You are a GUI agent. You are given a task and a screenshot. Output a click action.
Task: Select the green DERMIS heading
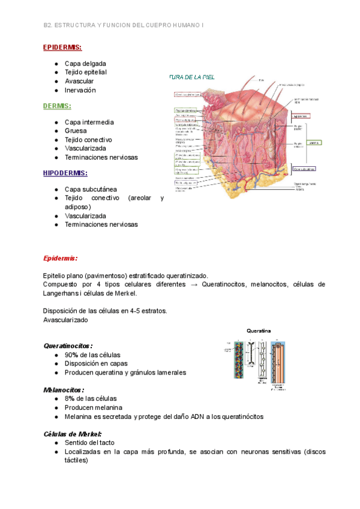tap(57, 106)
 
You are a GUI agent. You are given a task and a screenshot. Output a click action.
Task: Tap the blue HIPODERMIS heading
tap(65, 173)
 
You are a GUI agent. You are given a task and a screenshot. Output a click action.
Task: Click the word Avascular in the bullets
tap(79, 81)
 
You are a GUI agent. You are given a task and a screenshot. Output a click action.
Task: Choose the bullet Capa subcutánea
tap(91, 189)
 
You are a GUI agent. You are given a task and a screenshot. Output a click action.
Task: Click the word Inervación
tap(80, 90)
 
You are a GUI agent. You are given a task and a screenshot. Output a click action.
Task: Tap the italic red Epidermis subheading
tap(60, 258)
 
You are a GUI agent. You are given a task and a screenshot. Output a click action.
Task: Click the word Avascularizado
tap(65, 320)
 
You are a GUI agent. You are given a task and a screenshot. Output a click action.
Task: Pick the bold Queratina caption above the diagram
tap(259, 331)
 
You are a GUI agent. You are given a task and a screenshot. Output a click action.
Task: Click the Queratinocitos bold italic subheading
tap(68, 346)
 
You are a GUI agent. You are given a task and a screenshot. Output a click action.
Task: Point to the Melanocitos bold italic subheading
tap(64, 390)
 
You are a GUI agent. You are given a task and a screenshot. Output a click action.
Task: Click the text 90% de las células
tap(92, 355)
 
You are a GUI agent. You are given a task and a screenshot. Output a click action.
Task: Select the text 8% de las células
tap(91, 399)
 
